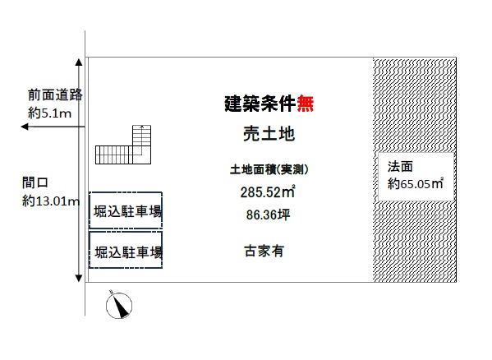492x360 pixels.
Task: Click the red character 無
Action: click(306, 104)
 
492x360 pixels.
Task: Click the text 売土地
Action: click(269, 134)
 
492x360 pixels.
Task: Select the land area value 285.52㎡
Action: click(268, 192)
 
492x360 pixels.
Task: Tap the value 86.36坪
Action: click(269, 215)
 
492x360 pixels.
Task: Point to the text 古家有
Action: click(264, 251)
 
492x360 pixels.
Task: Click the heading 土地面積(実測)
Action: click(269, 169)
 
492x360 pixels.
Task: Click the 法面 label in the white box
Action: click(400, 167)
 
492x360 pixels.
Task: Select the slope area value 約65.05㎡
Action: click(416, 183)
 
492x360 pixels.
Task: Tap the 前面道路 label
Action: click(55, 95)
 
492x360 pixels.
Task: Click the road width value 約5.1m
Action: click(49, 113)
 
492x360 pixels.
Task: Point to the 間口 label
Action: click(34, 182)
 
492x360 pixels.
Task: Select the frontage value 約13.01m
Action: click(51, 201)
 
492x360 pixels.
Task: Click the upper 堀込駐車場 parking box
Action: click(126, 210)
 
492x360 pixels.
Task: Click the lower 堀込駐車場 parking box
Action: click(126, 250)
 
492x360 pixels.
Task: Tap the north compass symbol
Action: click(119, 305)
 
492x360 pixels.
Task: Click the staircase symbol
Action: click(123, 145)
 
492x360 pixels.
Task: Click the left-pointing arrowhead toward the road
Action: click(25, 127)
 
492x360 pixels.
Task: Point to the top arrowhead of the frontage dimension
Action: click(79, 62)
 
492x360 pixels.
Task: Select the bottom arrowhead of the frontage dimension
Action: click(79, 278)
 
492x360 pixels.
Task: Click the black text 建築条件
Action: click(260, 104)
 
